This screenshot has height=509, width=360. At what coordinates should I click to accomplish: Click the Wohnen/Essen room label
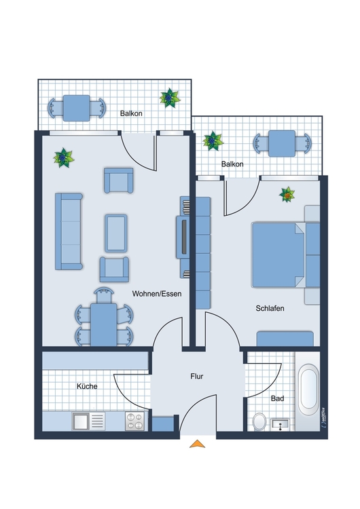click(157, 294)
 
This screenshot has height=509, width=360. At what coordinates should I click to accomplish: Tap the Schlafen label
click(270, 308)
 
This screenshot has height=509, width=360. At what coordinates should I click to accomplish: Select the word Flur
click(196, 376)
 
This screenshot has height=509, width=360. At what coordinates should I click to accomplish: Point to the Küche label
click(87, 386)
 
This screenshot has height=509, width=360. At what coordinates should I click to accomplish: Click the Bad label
click(278, 398)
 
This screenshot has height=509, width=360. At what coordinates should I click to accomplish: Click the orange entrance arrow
click(197, 444)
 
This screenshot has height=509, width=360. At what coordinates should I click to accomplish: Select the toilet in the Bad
click(259, 421)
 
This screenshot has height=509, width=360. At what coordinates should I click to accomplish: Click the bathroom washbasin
click(280, 424)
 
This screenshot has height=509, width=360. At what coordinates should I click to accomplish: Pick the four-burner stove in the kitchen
click(135, 421)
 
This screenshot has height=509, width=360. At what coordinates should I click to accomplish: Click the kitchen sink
click(88, 421)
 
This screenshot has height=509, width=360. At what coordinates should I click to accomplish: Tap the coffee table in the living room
click(116, 233)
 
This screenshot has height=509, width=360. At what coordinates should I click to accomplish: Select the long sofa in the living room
click(69, 231)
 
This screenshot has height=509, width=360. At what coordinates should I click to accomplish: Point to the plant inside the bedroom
click(287, 195)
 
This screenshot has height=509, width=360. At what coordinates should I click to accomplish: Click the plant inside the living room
click(63, 157)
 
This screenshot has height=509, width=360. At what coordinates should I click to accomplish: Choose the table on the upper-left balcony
click(76, 108)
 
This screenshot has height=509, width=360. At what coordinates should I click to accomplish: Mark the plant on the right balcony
click(213, 141)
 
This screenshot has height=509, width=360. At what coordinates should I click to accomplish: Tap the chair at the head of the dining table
click(104, 295)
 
